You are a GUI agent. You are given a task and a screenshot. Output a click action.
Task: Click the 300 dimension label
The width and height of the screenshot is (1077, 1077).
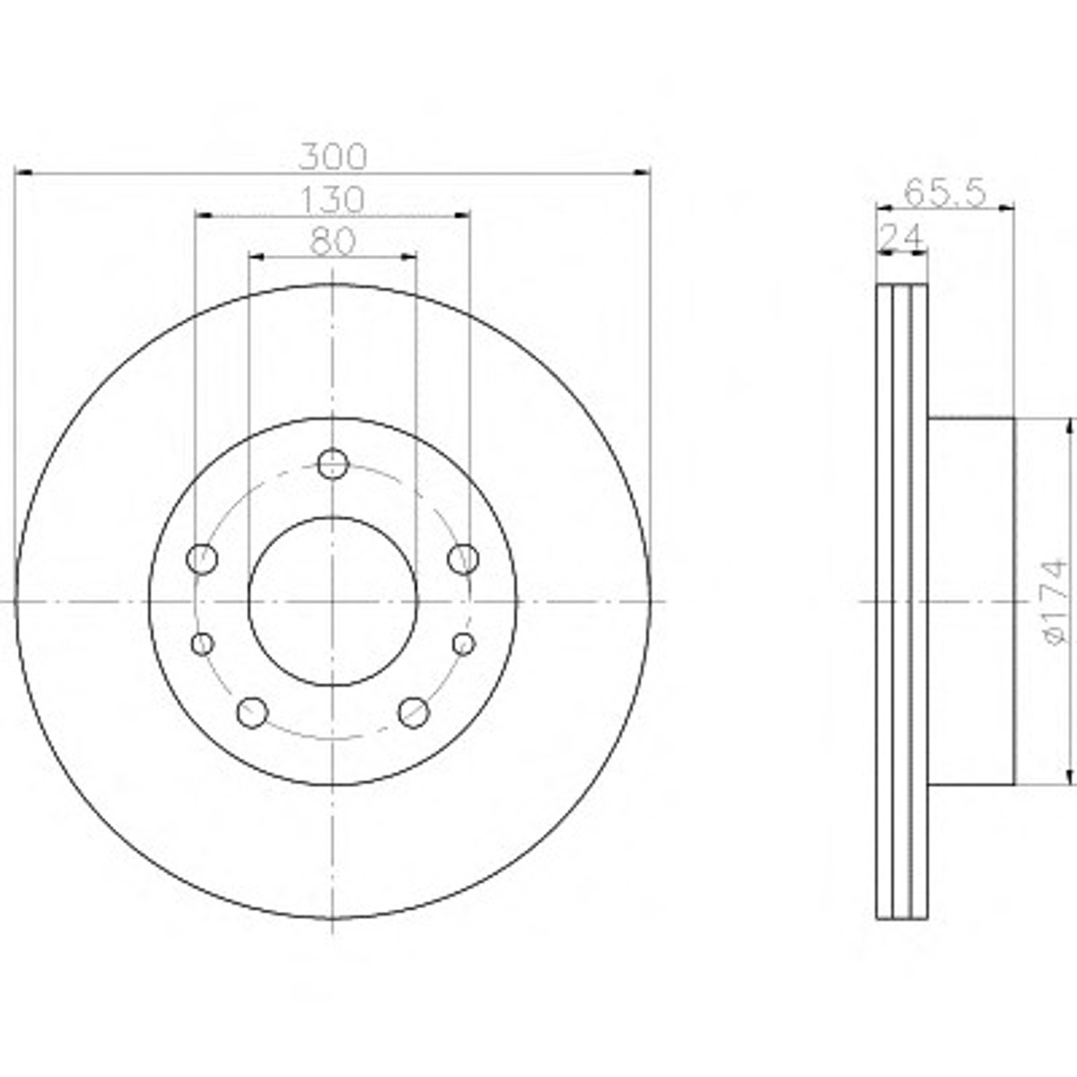click(x=333, y=158)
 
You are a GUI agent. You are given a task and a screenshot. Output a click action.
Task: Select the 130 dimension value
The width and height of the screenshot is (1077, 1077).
click(x=333, y=200)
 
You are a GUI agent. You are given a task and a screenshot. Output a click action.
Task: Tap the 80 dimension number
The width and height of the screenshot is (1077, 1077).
click(x=333, y=242)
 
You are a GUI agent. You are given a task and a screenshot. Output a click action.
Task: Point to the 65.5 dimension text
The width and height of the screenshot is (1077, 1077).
click(x=944, y=193)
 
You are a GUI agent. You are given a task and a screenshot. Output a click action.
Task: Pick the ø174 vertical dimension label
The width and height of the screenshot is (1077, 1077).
click(x=1055, y=600)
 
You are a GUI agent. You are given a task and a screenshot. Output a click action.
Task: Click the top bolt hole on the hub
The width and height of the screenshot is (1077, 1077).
click(x=333, y=464)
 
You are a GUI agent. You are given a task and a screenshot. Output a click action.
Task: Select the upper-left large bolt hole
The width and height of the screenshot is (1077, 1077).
click(x=202, y=558)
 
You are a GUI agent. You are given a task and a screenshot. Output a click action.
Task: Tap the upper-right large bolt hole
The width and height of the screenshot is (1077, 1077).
click(x=463, y=558)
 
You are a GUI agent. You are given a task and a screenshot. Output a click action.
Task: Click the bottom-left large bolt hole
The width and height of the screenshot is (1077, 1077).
click(x=252, y=712)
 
